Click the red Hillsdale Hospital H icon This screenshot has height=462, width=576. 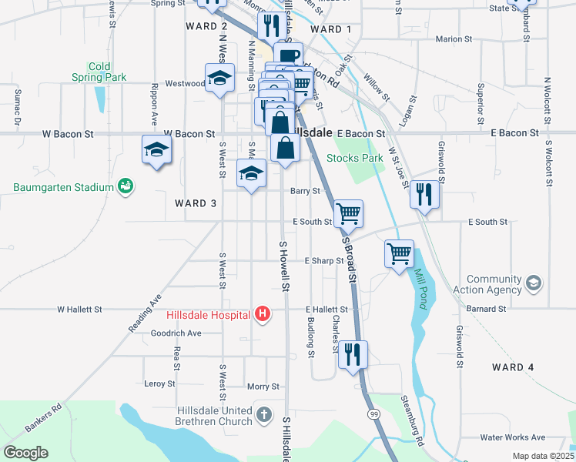pos(263,314)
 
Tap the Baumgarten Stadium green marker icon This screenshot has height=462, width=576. pos(126,186)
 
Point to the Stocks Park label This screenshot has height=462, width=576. pos(354,158)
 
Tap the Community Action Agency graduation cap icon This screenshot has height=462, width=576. pos(532,285)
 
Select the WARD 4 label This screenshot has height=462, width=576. pos(512,367)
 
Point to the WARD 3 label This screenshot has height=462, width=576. pos(195,203)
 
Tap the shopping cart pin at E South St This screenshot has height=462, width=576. pos(349,213)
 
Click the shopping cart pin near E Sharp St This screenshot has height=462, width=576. pos(399,253)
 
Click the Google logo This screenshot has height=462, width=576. pos(25,453)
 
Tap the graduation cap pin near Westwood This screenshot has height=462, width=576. pos(219,79)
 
